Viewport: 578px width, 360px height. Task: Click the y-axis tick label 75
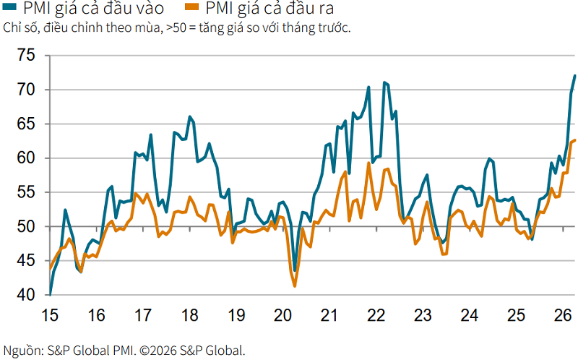[x=26, y=56]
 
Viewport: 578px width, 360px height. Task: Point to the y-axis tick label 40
[x=26, y=295]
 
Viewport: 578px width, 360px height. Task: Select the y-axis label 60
[x=26, y=158]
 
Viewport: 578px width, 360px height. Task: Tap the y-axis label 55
[x=26, y=192]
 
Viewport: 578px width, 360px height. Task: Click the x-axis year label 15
[x=49, y=315]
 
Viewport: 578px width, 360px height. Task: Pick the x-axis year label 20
[x=282, y=315]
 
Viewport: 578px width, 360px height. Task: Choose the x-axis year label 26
[x=563, y=315]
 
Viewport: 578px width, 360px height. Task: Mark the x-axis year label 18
[x=189, y=315]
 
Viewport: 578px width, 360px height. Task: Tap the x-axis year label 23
[x=423, y=315]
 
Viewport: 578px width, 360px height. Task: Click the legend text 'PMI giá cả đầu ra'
[x=269, y=8]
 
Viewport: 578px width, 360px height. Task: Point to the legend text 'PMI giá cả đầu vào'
[x=94, y=8]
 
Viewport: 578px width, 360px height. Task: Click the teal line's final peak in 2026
[x=574, y=76]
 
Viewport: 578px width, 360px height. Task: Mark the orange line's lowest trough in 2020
[x=295, y=286]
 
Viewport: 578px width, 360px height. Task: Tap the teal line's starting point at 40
[x=50, y=294]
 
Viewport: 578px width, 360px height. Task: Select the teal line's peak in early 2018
[x=190, y=116]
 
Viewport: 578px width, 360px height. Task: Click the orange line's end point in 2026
[x=575, y=140]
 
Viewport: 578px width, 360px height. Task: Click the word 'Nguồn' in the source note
[x=22, y=351]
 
